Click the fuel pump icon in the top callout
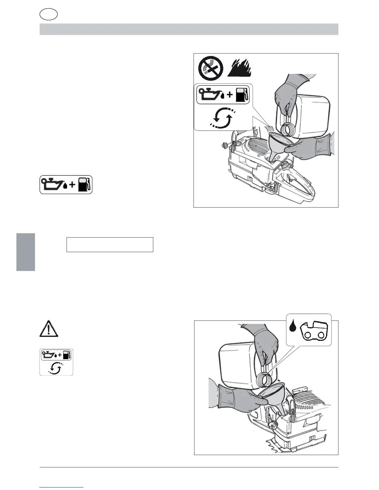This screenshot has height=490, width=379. (242, 95)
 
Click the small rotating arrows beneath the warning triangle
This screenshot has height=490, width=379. (56, 368)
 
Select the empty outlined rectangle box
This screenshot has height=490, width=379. (110, 245)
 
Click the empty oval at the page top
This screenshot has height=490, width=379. (49, 15)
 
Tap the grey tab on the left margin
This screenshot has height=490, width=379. (26, 252)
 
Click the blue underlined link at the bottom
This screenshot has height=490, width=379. (62, 487)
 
